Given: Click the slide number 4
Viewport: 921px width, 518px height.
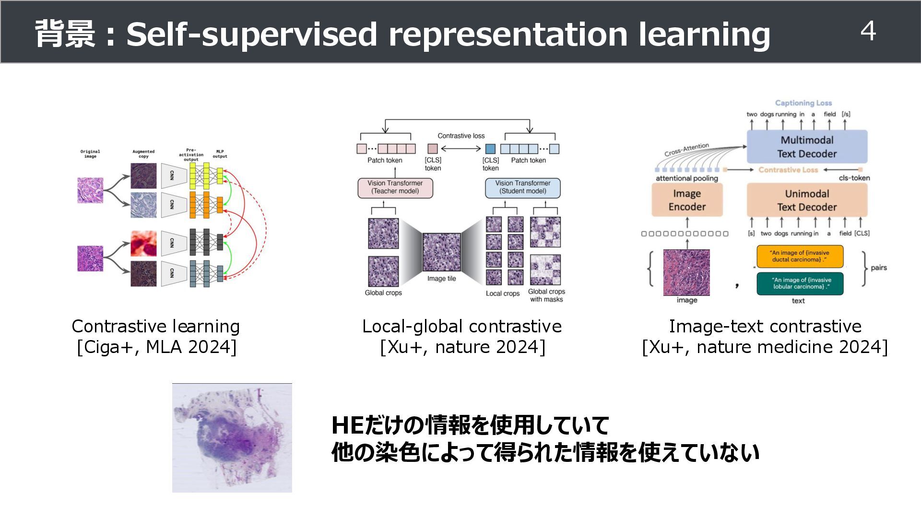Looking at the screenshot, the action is click(868, 32).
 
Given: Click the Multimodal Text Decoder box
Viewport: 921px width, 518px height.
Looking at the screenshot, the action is click(807, 147).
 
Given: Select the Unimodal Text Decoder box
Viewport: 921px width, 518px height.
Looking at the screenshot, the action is click(807, 200).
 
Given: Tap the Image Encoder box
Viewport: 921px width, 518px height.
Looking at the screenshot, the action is click(687, 200).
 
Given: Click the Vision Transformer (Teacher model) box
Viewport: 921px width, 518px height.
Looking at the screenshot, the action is click(395, 188).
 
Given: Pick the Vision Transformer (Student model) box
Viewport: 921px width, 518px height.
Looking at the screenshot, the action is click(522, 188).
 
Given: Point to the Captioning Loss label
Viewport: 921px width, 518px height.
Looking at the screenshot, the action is click(803, 103).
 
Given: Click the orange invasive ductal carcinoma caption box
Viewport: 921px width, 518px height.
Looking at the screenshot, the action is click(799, 257).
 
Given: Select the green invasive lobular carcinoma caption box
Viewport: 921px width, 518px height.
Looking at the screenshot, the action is click(799, 283).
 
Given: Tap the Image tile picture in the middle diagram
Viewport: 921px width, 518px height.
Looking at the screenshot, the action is click(441, 252).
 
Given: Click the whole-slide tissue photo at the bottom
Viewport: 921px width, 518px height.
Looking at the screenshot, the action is click(232, 437).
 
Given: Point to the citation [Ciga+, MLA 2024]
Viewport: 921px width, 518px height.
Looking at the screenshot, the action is click(156, 347).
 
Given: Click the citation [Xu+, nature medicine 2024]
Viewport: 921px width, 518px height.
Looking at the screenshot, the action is click(765, 347).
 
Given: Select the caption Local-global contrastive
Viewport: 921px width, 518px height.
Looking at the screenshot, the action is click(461, 327).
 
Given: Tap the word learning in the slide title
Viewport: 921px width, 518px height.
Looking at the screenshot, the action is click(704, 35).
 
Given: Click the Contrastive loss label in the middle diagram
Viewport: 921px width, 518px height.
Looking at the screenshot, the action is click(461, 136).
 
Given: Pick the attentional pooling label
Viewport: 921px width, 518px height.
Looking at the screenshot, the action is click(686, 178).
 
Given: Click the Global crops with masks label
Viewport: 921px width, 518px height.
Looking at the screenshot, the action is click(546, 295).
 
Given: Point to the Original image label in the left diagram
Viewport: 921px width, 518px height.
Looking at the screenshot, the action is click(90, 154).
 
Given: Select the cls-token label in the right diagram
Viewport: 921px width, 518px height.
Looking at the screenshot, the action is click(854, 178).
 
